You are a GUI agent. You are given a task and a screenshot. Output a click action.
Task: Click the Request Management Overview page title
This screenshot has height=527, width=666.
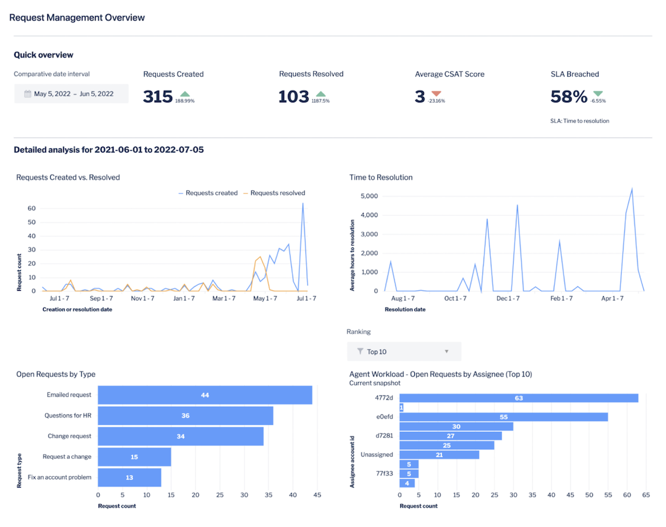click(x=77, y=18)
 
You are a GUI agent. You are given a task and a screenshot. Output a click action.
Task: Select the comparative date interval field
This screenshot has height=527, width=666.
click(x=71, y=94)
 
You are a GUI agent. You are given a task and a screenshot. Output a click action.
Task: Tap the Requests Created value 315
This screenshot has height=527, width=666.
click(x=158, y=96)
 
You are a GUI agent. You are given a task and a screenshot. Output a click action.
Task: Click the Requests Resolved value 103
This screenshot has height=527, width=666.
click(x=294, y=96)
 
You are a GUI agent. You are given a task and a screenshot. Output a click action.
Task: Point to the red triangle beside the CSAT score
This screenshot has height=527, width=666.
click(x=436, y=94)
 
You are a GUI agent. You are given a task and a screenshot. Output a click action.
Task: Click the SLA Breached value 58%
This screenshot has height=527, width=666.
click(x=569, y=96)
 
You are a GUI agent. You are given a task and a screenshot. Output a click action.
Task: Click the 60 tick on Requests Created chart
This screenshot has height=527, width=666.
click(x=32, y=209)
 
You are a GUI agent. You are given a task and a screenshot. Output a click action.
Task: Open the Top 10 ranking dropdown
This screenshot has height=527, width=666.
click(x=404, y=352)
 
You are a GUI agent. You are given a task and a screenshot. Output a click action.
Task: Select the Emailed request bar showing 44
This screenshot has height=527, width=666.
click(x=205, y=395)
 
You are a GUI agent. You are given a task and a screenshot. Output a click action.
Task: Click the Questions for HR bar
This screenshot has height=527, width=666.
click(x=185, y=416)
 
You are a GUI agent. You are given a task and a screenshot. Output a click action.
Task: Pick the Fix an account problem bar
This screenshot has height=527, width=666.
click(x=130, y=477)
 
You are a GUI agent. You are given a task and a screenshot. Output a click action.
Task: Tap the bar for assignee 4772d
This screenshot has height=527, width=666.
click(x=518, y=398)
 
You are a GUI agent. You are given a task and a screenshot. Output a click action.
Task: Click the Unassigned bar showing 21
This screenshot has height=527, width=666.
click(x=439, y=455)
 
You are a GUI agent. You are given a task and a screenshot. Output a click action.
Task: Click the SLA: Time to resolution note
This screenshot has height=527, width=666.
click(x=579, y=121)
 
